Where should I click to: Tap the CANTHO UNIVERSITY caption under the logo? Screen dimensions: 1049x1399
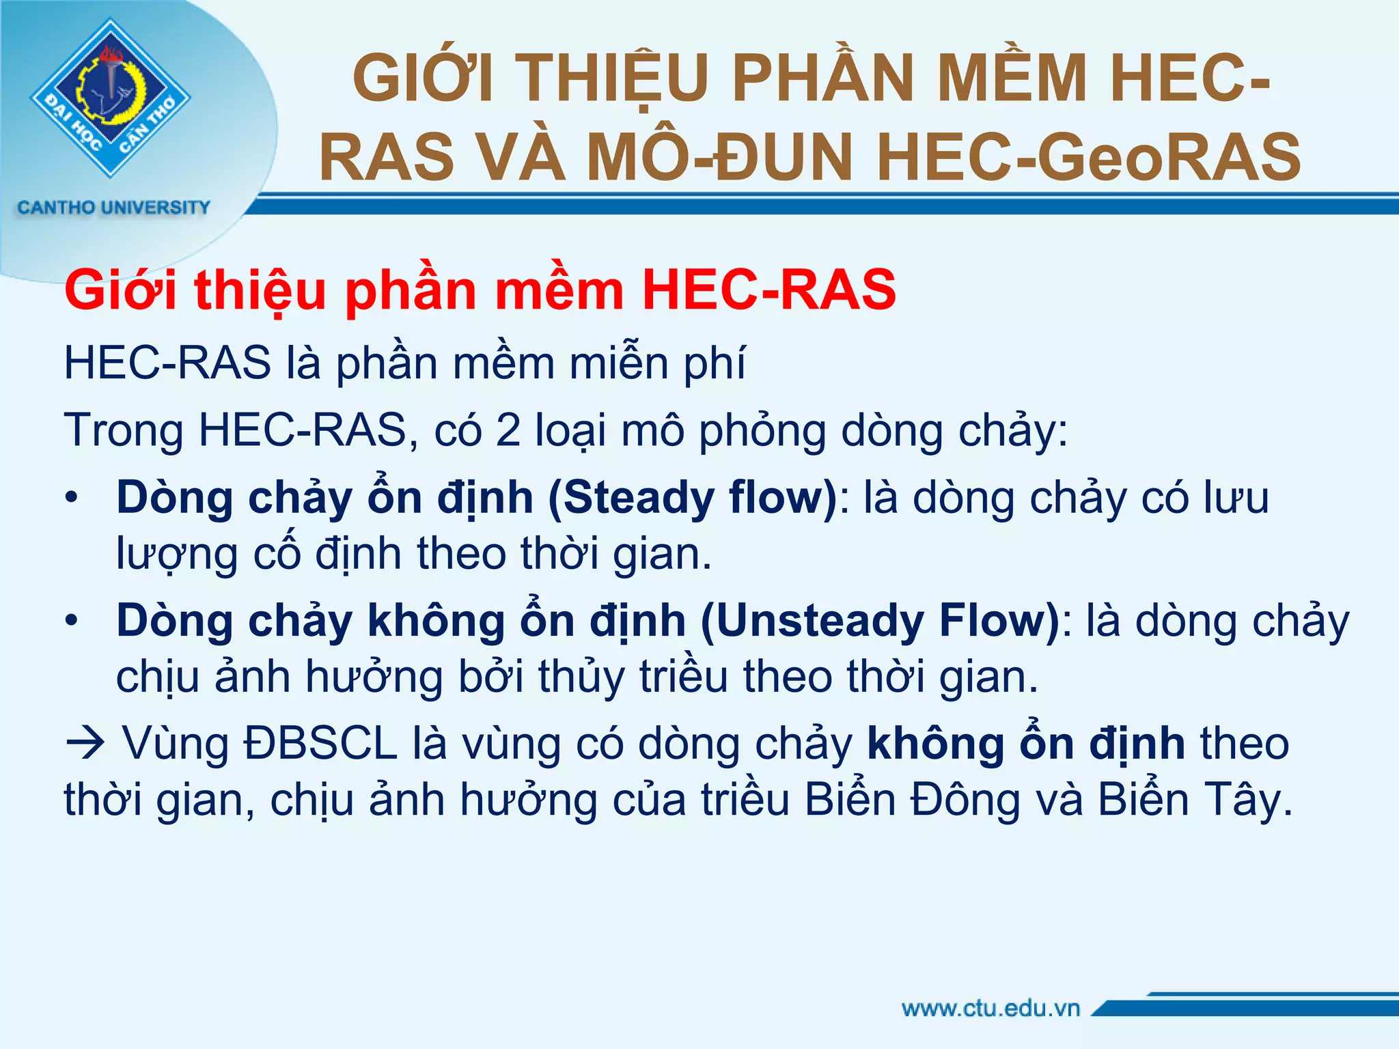coord(113,208)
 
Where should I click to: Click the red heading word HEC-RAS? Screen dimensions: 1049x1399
coord(768,290)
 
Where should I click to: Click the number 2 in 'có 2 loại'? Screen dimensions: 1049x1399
coord(508,430)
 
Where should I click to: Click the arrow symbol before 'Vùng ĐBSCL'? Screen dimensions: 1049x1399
coord(85,744)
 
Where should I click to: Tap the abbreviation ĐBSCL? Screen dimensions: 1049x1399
coord(320,744)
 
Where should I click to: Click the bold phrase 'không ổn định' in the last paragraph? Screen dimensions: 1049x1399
coord(1025,744)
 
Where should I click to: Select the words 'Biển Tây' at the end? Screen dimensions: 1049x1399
coord(1195,800)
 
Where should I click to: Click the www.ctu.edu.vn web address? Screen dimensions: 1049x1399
coord(991,1008)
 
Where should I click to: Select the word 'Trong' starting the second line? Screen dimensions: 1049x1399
coord(124,430)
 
